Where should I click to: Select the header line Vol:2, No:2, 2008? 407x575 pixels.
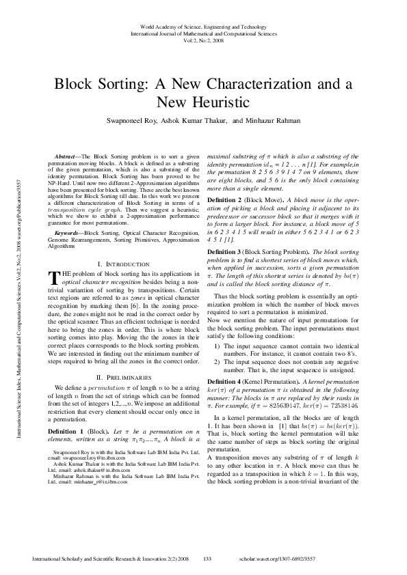click(x=203, y=40)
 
